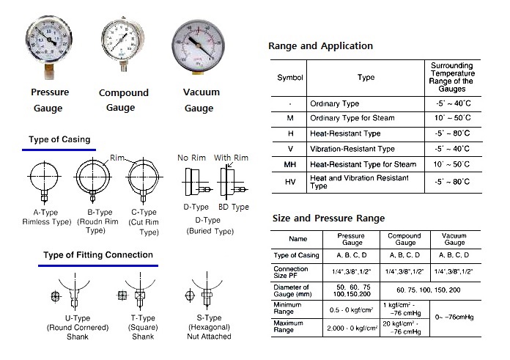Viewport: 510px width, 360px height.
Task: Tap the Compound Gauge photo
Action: (122, 43)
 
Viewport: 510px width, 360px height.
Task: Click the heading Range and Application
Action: (320, 46)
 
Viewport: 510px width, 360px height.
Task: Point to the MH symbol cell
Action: (289, 164)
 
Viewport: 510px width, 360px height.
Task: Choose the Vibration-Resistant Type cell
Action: (352, 149)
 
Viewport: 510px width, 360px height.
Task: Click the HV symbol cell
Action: (289, 183)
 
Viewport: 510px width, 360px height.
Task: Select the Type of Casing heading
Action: (59, 140)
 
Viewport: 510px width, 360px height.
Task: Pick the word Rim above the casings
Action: (118, 156)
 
